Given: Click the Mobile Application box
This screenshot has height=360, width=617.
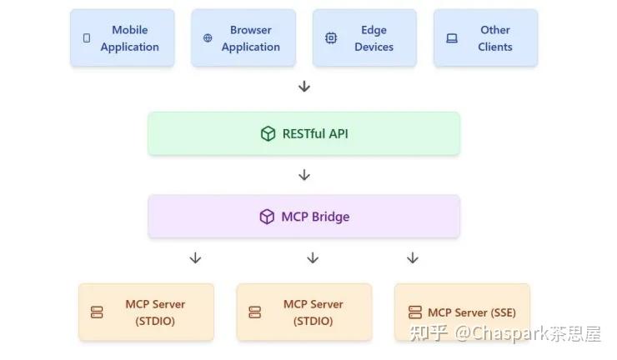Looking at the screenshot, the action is tap(123, 37).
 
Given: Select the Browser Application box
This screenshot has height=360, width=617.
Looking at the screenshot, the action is tap(243, 37).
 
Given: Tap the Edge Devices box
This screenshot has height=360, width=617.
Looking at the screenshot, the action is tap(364, 37).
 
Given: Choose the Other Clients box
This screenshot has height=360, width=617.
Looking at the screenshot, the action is tap(485, 37).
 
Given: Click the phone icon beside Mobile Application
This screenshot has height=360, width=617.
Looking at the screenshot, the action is tap(87, 37).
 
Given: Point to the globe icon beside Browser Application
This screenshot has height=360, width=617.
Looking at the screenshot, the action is tap(208, 37).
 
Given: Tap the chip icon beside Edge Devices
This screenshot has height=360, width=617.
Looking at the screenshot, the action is tap(331, 37).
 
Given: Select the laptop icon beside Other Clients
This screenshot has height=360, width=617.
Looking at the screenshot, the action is tap(452, 38).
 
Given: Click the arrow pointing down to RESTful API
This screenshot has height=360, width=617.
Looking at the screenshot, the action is tap(304, 86).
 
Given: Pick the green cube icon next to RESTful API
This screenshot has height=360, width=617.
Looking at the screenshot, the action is tap(268, 134).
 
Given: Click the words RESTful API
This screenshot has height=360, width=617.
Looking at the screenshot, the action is tap(315, 134).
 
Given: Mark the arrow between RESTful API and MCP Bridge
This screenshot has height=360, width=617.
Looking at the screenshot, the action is tap(304, 175).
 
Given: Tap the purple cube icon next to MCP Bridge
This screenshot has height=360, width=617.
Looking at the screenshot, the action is tap(267, 217).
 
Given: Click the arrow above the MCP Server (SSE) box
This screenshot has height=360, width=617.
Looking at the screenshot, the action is tap(413, 258).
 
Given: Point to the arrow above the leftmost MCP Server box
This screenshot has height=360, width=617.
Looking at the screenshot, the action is tap(195, 258).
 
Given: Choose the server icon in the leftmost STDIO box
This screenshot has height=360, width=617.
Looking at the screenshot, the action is tap(97, 312).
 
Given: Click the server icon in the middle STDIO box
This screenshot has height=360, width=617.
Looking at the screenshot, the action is tap(255, 312).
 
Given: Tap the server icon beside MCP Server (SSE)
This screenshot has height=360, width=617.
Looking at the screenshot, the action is tap(415, 312).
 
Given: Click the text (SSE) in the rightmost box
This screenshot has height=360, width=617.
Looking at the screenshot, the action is tap(503, 312).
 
